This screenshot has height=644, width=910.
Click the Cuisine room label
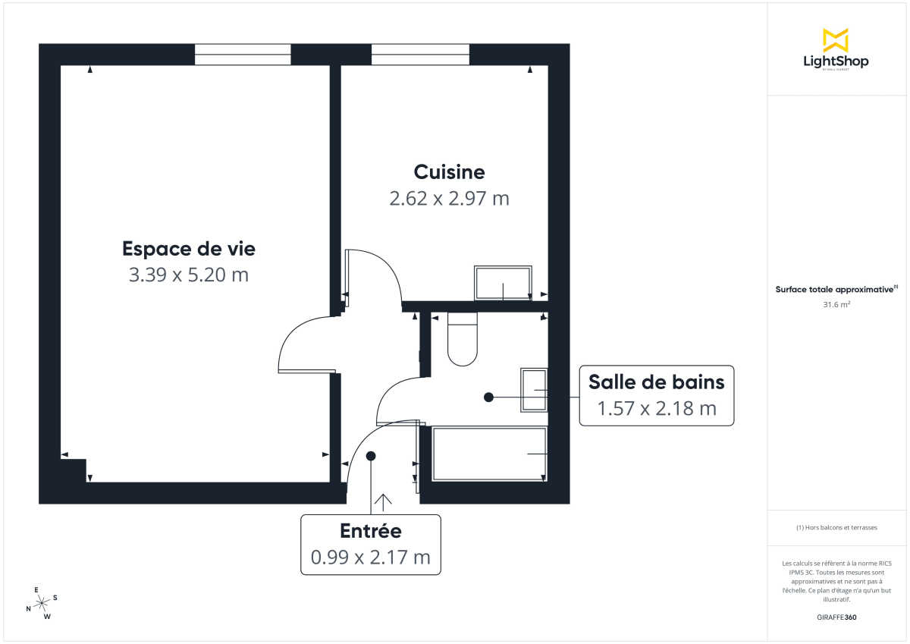pos(449,171)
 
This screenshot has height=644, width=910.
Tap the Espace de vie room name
pos(189,248)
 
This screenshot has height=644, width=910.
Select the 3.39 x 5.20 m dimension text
pos(189,275)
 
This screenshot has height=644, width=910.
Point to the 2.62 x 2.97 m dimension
pos(449,199)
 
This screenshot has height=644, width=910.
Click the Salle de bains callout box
pos(656,394)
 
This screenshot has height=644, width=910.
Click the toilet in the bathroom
pos(462,339)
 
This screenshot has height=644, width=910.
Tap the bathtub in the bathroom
pos(489,454)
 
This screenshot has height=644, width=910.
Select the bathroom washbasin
pos(534,390)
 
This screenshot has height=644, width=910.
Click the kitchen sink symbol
pos(503,283)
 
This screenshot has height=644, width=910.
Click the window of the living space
pos(243,55)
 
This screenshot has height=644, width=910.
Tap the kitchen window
pos(420,55)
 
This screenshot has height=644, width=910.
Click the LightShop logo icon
pos(836,40)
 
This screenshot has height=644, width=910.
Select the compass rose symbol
pos(42,602)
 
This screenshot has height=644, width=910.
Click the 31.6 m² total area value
pos(836,305)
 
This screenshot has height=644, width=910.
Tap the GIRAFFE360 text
pos(836,617)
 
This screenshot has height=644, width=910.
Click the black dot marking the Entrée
pos(371,456)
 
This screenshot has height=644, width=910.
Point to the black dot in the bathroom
pos(489,396)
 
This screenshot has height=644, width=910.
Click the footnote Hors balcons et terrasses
pos(836,527)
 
